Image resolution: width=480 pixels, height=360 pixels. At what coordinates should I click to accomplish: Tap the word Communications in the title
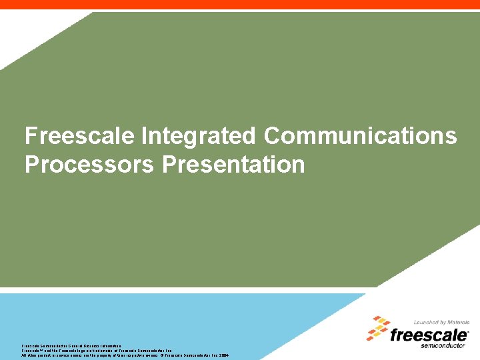click(x=360, y=137)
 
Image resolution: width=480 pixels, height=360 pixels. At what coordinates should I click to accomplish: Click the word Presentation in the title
click(x=233, y=164)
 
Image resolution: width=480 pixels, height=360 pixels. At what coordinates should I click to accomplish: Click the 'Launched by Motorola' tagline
click(x=441, y=323)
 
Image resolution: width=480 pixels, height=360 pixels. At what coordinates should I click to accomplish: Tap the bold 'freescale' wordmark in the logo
click(x=429, y=335)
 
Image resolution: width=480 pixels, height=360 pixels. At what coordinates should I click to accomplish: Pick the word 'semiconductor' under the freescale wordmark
click(x=445, y=345)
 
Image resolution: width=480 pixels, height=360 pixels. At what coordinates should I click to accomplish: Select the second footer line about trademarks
click(x=97, y=351)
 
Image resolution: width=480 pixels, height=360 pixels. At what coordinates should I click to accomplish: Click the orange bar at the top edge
click(x=240, y=4)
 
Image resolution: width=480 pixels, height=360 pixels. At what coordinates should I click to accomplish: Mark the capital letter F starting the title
click(x=31, y=137)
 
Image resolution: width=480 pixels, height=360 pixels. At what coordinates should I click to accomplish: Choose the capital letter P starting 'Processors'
click(x=31, y=164)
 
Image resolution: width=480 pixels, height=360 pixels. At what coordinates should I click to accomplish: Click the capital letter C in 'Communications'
click(x=272, y=137)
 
